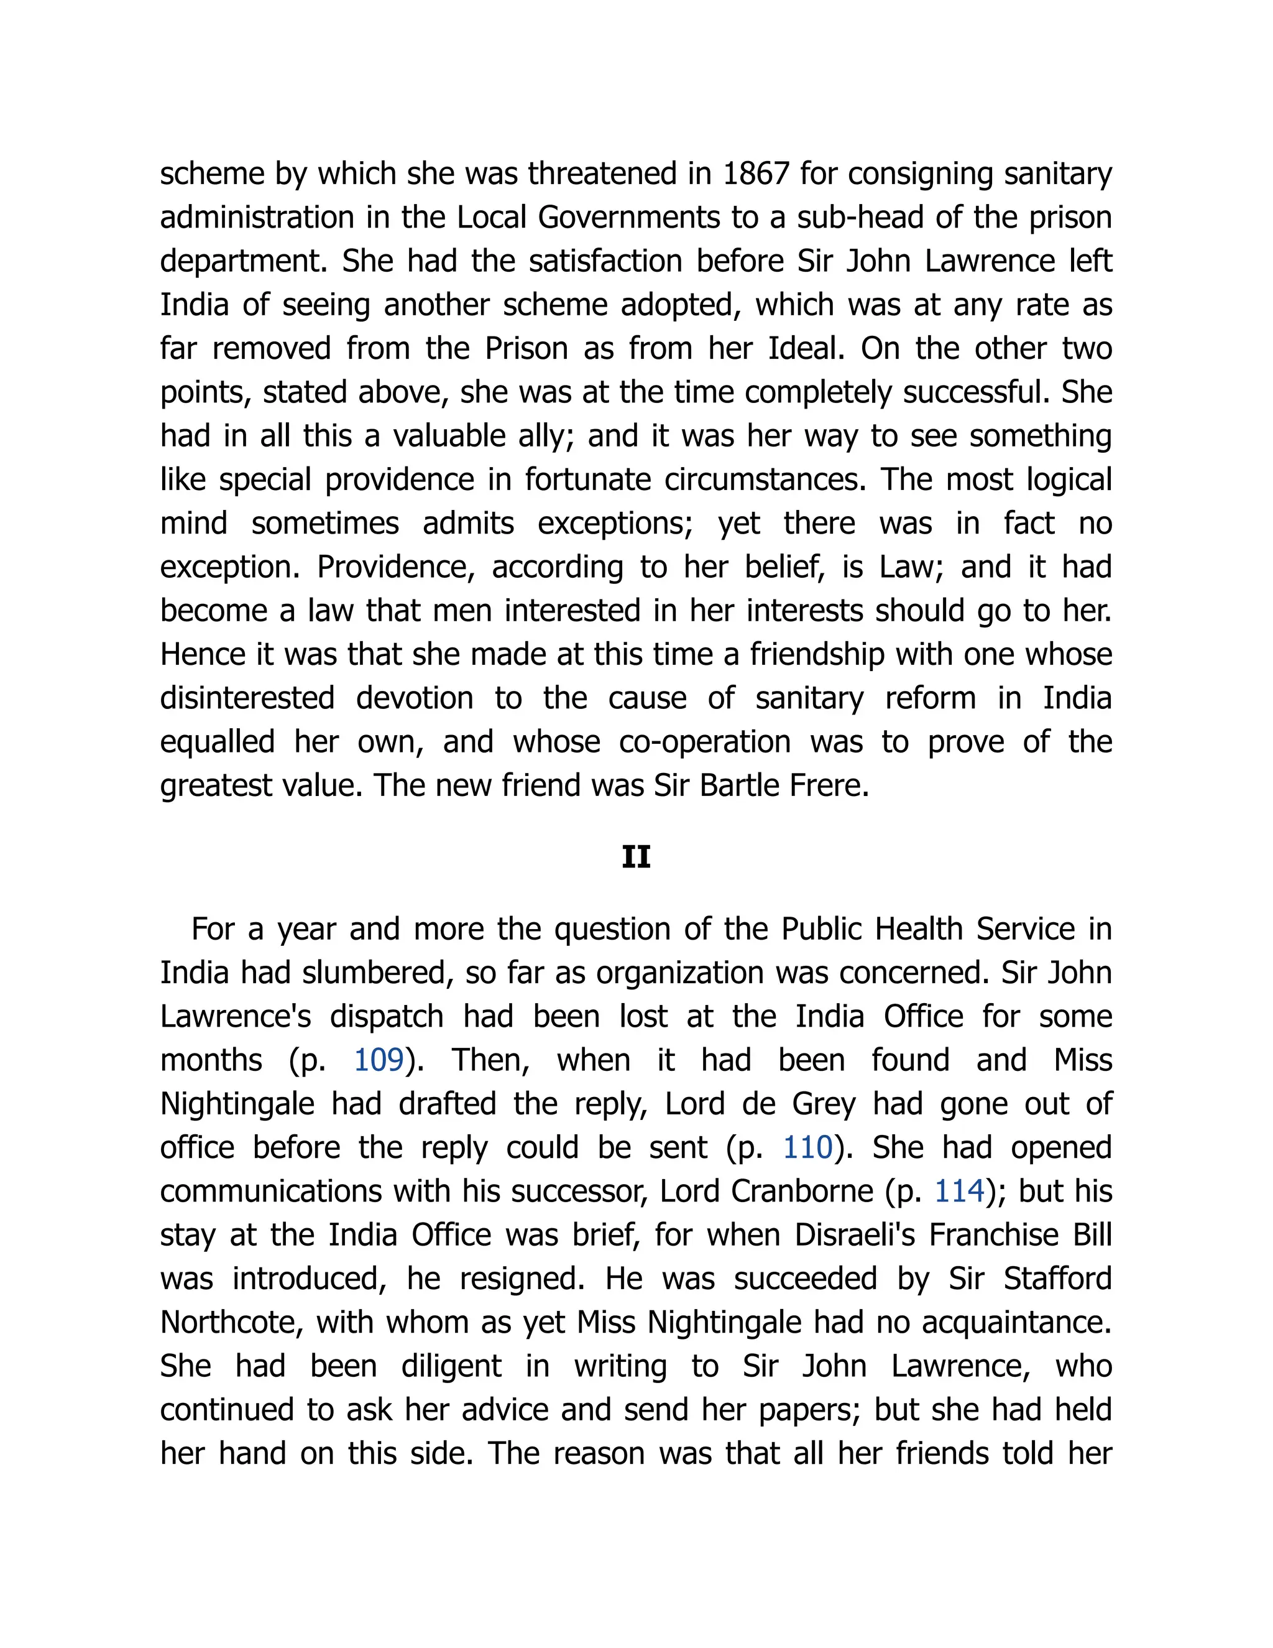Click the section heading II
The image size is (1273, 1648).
[636, 857]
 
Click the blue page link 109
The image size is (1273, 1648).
[379, 1060]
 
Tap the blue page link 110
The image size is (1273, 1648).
[807, 1148]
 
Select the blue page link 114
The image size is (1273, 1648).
[959, 1192]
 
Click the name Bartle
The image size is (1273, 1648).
[740, 785]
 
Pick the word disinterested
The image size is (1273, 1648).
[247, 698]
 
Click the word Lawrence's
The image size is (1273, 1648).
[236, 1016]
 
